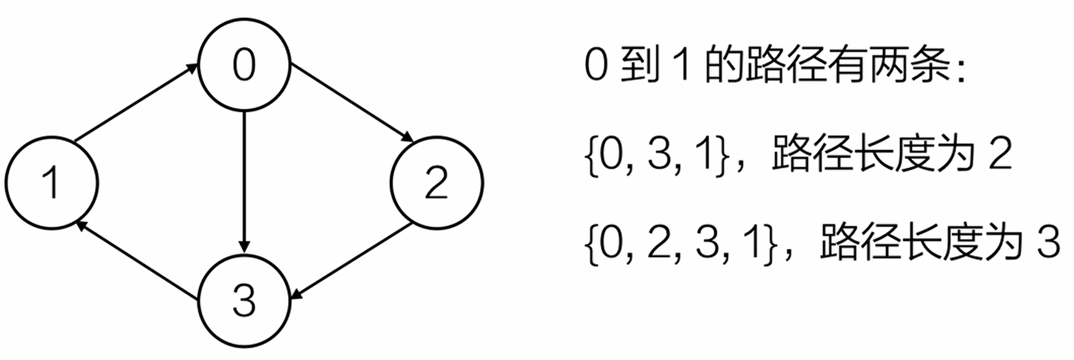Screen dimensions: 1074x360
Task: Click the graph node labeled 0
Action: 244,65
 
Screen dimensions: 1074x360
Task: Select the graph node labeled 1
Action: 52,182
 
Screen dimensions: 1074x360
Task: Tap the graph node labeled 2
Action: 436,182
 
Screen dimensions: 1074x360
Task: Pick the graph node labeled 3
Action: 244,300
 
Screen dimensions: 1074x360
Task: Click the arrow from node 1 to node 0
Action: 136,103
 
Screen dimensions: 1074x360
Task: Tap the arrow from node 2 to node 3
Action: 351,262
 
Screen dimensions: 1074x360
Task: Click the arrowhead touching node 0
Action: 193,67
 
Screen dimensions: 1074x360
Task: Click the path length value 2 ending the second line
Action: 1000,155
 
